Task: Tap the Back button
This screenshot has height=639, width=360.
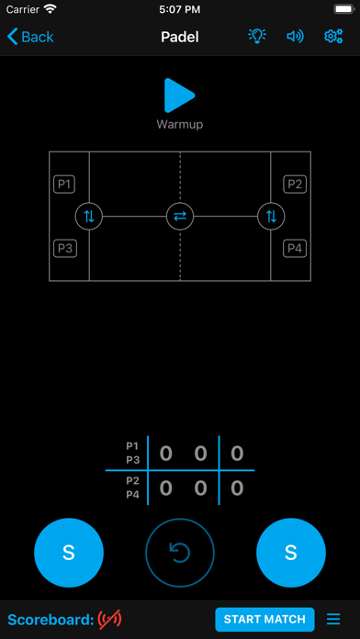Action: tap(30, 37)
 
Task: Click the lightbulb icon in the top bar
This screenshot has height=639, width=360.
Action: tap(257, 37)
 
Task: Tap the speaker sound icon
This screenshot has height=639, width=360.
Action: tap(295, 37)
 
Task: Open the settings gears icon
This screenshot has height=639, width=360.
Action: tap(333, 37)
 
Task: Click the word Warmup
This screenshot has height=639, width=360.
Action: tap(180, 124)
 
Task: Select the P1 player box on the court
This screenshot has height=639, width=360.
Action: tap(64, 185)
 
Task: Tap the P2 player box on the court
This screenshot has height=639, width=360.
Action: tap(295, 185)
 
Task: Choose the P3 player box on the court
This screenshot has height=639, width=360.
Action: tap(64, 248)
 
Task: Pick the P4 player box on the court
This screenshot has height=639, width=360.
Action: tap(295, 248)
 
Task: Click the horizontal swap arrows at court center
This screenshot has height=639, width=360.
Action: tap(180, 217)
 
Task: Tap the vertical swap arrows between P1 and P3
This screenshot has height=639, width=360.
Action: tap(89, 217)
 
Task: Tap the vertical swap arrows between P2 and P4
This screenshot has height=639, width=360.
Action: tap(271, 217)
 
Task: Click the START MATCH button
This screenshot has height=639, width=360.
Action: tap(264, 620)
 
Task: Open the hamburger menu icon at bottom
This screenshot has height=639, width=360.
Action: tap(333, 620)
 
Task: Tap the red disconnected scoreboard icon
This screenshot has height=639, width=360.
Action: tap(109, 620)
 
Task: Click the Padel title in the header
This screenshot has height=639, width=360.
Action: tap(180, 37)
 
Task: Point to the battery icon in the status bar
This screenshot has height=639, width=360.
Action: tap(343, 9)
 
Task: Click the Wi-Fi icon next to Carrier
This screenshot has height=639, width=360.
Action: tap(51, 9)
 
